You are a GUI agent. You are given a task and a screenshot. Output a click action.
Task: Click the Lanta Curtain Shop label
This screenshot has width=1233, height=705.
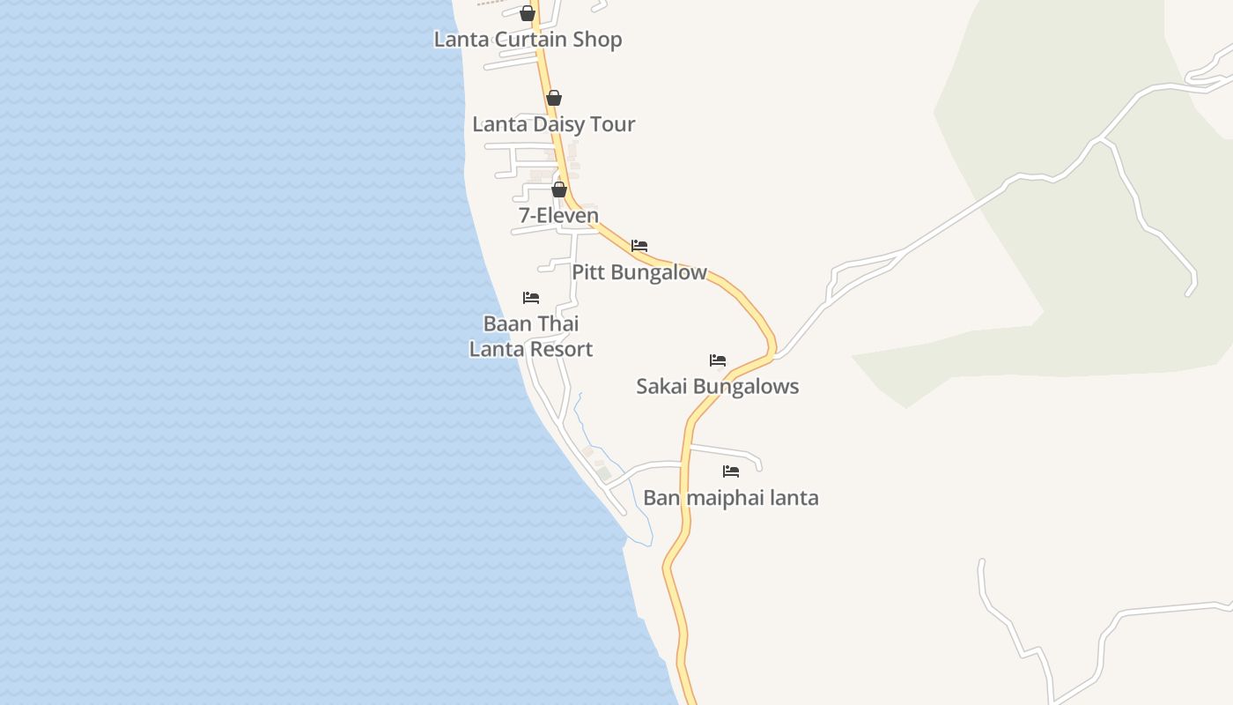[528, 40]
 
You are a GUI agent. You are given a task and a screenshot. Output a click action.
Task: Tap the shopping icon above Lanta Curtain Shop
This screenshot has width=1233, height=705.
[527, 13]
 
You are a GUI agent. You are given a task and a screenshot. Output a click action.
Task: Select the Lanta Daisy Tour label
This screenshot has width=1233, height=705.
[553, 124]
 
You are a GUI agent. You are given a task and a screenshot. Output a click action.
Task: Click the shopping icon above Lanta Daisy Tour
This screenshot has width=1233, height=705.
[553, 98]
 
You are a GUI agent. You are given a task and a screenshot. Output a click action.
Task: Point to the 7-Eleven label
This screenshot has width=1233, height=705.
[558, 216]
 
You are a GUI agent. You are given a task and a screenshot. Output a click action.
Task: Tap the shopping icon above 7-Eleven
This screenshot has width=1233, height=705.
[558, 189]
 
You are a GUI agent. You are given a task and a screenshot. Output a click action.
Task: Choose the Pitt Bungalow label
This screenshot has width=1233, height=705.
[639, 272]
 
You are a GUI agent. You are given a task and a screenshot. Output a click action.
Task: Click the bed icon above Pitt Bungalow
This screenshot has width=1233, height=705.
[639, 246]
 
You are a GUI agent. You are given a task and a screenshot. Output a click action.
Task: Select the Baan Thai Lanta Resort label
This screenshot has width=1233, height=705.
[531, 337]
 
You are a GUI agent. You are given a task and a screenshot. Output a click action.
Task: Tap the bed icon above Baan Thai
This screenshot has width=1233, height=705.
[531, 298]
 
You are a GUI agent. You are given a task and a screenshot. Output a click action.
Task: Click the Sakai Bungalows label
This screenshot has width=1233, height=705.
[717, 386]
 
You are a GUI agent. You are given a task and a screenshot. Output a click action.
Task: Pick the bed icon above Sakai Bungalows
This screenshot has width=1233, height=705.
[718, 360]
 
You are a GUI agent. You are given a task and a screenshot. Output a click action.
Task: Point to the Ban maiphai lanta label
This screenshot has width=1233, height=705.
[730, 498]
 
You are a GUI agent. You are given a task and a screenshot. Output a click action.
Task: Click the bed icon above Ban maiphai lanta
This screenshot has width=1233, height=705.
[731, 471]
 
